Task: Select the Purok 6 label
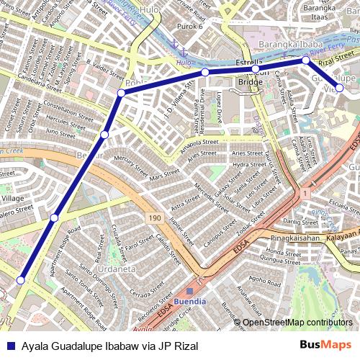(x=191, y=26)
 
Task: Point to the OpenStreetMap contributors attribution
(x=297, y=323)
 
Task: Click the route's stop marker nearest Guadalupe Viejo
(x=339, y=89)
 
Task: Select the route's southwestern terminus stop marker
(x=21, y=280)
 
